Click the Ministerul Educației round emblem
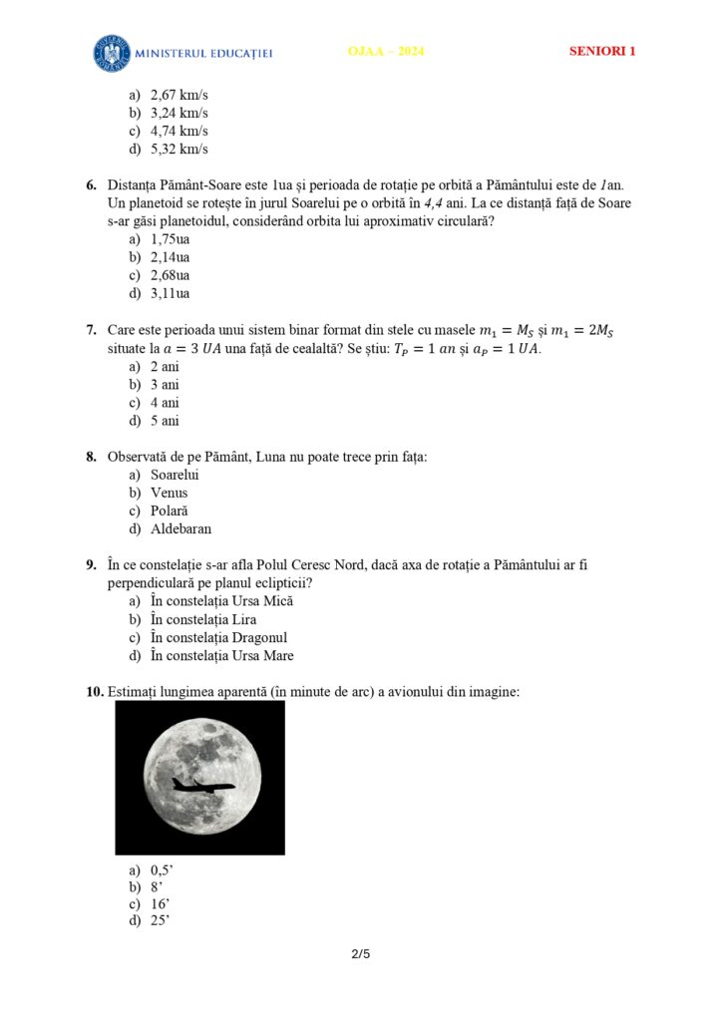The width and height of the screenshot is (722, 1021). coord(113,53)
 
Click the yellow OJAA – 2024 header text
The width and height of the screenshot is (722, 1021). coord(386,52)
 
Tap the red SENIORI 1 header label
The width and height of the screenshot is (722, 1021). coord(602,52)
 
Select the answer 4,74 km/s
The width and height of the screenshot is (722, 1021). coord(179,132)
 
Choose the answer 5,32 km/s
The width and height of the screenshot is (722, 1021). coord(179,150)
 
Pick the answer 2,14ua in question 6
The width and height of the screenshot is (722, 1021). coord(170,257)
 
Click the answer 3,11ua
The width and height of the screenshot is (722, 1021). coord(170,293)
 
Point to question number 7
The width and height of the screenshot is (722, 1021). coord(91,330)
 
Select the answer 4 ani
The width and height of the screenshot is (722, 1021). coord(165,403)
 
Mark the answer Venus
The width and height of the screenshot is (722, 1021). coord(169,493)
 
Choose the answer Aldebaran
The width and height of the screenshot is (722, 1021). coord(180,528)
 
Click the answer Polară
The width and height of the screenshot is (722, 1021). coord(169,510)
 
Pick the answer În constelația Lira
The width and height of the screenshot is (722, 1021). coord(203,619)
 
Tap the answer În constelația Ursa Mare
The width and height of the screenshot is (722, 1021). coord(221,655)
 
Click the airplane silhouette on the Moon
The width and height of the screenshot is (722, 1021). coord(202,785)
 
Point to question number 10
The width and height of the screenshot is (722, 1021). coord(94,691)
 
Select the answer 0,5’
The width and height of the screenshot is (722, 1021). coord(163,868)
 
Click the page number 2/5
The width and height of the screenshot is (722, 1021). coord(361,954)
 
